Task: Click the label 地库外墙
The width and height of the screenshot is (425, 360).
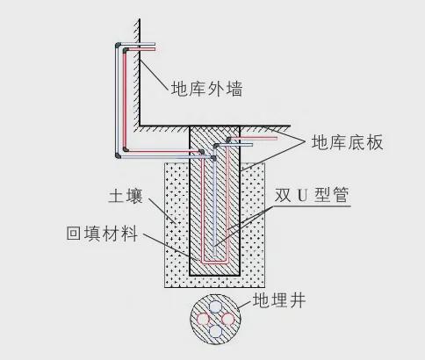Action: [x=207, y=89]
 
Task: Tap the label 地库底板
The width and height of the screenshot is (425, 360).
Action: [x=347, y=142]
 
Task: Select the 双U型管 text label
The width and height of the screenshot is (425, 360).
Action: [x=312, y=195]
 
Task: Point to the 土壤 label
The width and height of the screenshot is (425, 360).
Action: [x=126, y=196]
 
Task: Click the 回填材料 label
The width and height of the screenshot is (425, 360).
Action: [x=102, y=234]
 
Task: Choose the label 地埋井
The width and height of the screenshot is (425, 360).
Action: [x=279, y=300]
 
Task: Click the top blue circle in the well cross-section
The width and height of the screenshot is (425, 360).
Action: [x=215, y=307]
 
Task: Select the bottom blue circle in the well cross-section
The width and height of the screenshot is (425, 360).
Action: [x=216, y=331]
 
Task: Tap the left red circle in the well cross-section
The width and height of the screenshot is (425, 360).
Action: [x=203, y=319]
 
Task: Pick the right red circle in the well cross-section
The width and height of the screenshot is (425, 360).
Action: [x=228, y=319]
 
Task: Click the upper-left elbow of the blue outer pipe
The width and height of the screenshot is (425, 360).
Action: [x=118, y=46]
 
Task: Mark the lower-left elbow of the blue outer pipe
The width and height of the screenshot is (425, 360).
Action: [x=118, y=155]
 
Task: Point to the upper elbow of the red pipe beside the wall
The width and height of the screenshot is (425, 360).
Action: [x=126, y=50]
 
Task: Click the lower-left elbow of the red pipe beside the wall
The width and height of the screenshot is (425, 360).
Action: [x=126, y=149]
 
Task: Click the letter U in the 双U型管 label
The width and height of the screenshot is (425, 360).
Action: [x=302, y=195]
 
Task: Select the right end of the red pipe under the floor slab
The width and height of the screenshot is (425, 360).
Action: [x=277, y=138]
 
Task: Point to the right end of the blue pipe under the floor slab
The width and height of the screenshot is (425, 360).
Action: [x=251, y=145]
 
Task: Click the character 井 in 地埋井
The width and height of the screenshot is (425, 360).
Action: [x=297, y=300]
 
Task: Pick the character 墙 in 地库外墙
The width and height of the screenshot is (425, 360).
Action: [x=234, y=89]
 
